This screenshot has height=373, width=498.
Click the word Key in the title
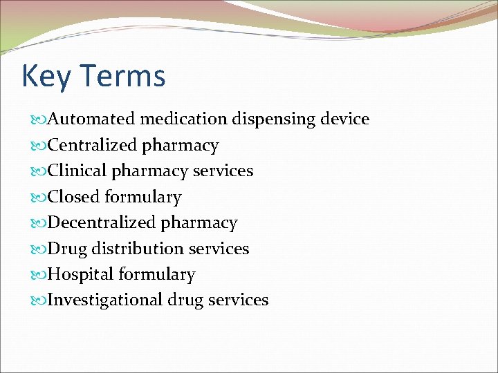click(46, 77)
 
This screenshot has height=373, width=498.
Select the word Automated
click(91, 119)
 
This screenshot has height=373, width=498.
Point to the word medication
click(183, 119)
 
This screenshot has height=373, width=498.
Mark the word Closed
click(74, 197)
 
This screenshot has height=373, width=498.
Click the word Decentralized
click(102, 222)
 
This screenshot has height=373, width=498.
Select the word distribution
click(136, 249)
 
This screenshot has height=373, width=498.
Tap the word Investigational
click(105, 300)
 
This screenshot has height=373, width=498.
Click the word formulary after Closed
click(143, 198)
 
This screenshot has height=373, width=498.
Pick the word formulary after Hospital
click(156, 275)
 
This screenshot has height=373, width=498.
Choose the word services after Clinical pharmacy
click(223, 171)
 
